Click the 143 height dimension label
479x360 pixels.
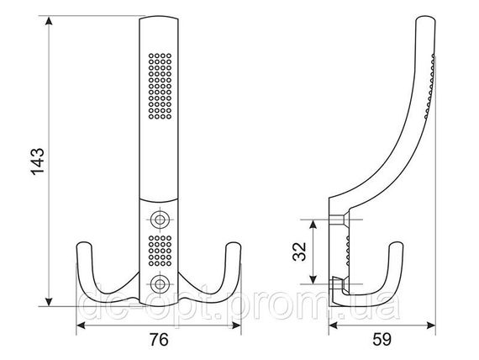click(x=38, y=161)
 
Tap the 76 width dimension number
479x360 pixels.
click(x=159, y=340)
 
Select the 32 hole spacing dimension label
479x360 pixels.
click(x=299, y=251)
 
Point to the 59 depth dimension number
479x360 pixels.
click(x=382, y=340)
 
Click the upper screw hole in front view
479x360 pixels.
click(x=159, y=220)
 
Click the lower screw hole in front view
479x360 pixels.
click(x=159, y=283)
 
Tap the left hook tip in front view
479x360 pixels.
click(x=84, y=245)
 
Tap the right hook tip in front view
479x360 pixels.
click(x=234, y=245)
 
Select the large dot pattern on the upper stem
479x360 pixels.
click(x=160, y=86)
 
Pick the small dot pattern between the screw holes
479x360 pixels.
click(x=160, y=251)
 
